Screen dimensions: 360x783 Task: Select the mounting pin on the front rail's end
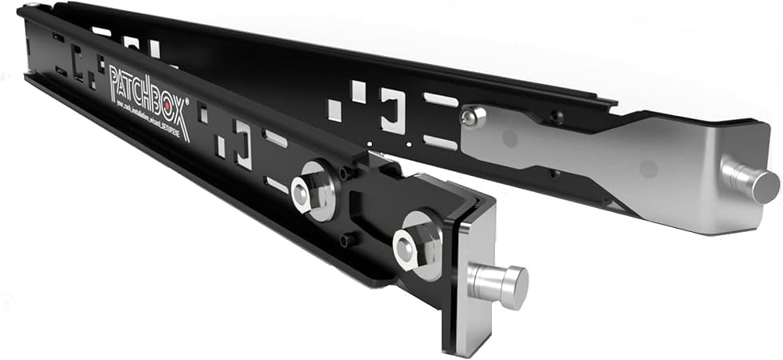pos(500,285)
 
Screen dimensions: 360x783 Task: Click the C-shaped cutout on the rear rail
pos(393,110)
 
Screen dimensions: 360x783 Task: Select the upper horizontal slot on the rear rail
pos(440,100)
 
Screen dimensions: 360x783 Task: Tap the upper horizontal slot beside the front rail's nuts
pos(275,138)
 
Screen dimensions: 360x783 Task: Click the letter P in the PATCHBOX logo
pos(114,78)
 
